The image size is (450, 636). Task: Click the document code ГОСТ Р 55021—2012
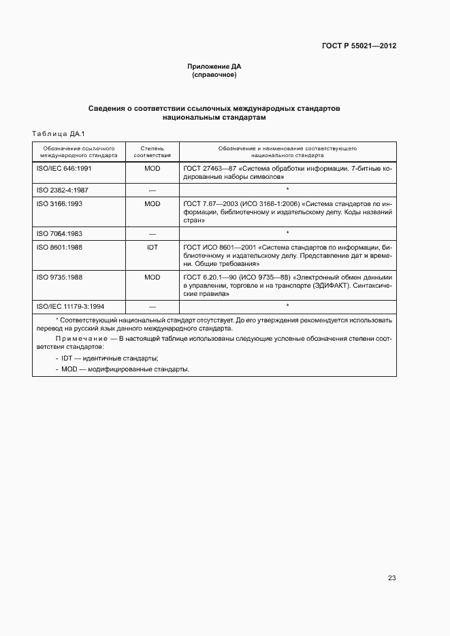tap(359, 46)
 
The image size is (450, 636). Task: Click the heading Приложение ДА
tap(214, 67)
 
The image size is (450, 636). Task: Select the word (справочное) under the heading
tap(214, 75)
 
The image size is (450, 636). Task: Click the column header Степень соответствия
tap(152, 151)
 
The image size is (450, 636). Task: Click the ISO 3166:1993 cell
tap(60, 203)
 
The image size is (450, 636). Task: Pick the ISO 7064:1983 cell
tap(60, 233)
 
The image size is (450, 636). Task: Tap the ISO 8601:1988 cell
tap(60, 247)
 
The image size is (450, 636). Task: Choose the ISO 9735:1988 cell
tap(60, 278)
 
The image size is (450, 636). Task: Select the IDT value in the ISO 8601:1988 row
tap(152, 247)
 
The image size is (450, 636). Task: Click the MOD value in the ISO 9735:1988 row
tap(152, 278)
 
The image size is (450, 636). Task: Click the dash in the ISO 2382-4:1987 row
tap(152, 190)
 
